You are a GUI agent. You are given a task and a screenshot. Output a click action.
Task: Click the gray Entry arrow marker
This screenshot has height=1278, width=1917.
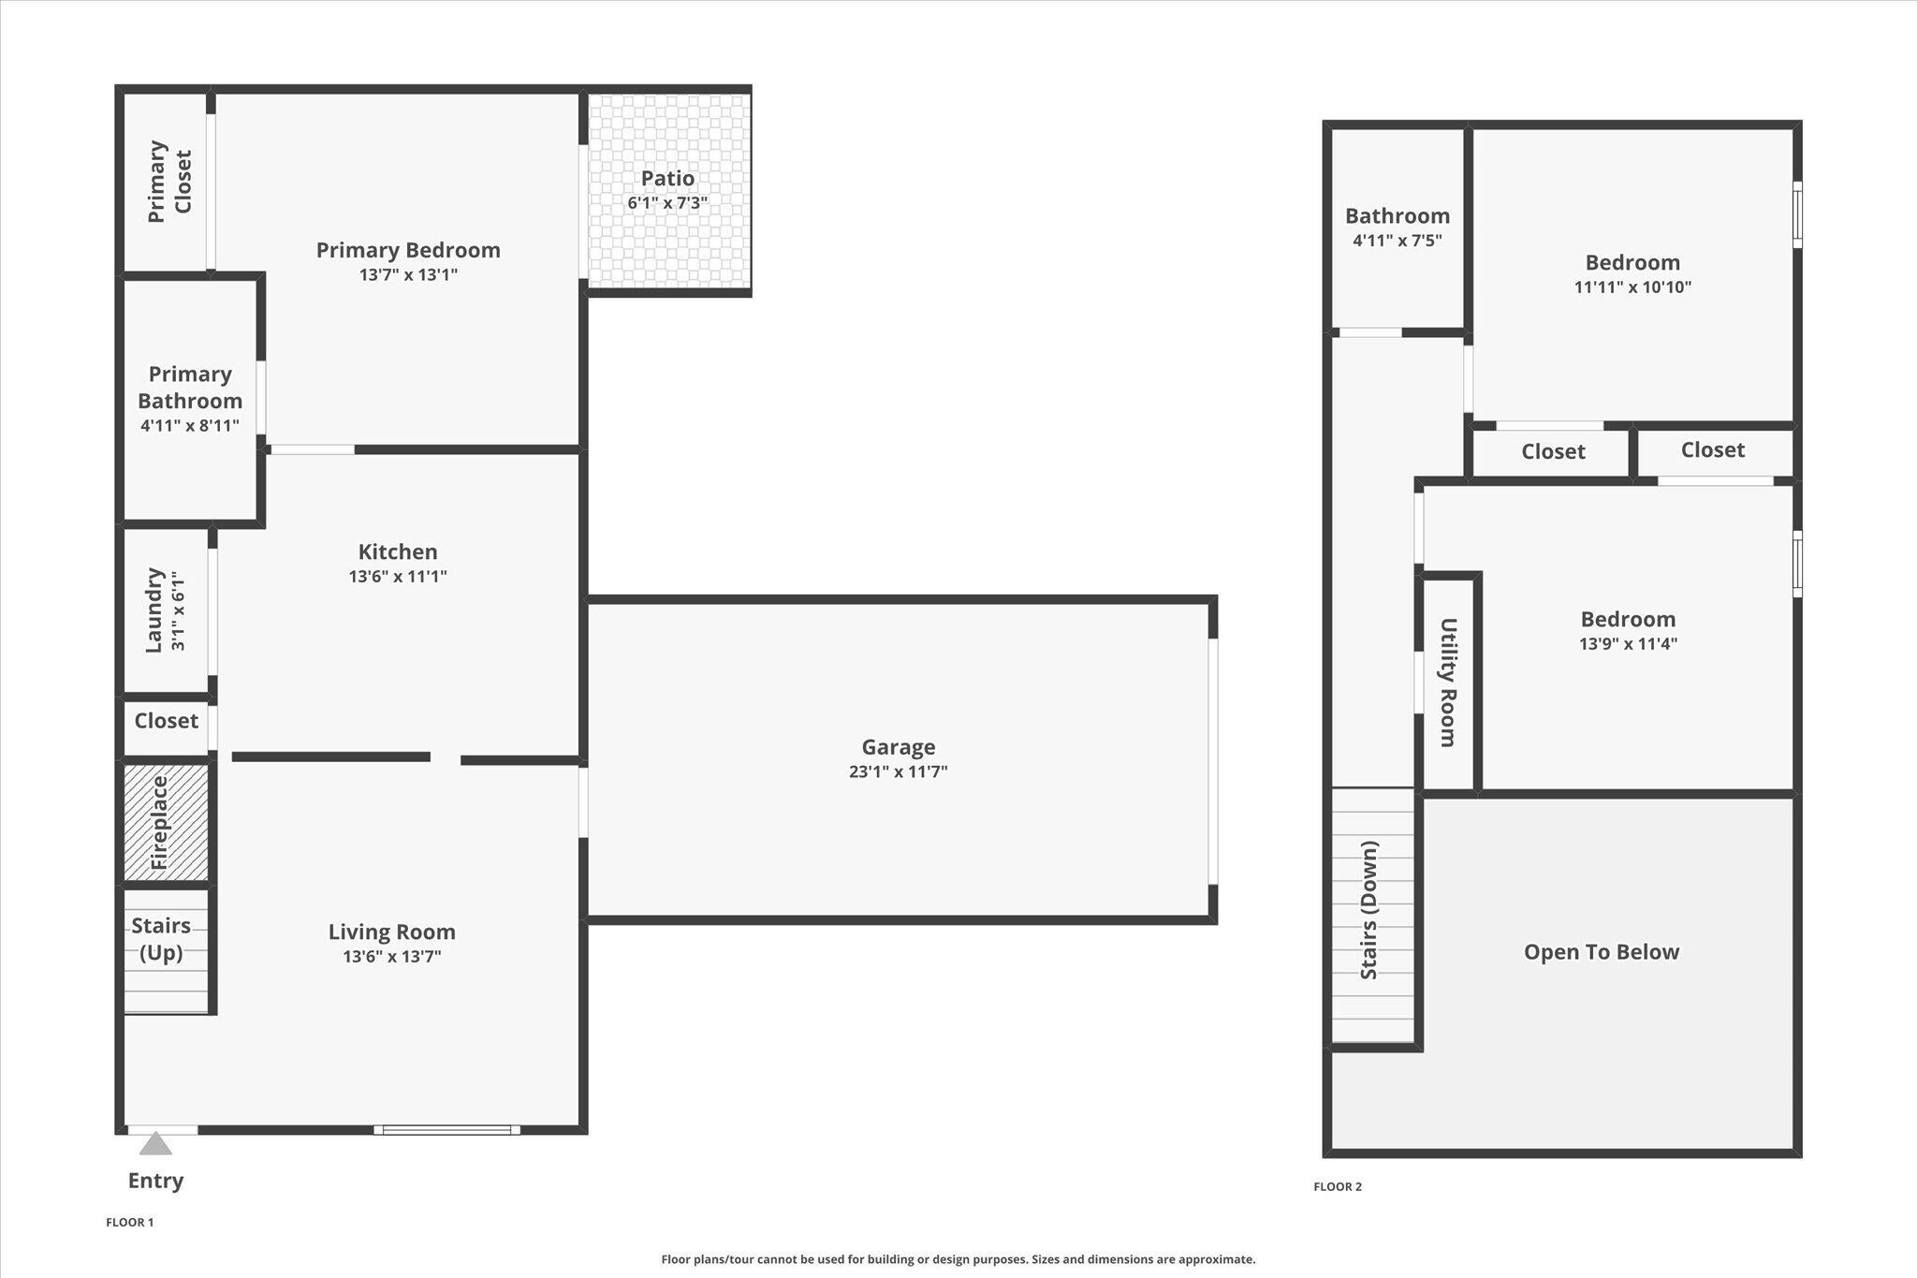click(x=155, y=1144)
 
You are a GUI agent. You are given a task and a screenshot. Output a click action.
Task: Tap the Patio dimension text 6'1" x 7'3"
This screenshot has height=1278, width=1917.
click(x=667, y=203)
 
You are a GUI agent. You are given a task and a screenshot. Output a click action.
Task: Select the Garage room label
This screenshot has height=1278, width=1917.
click(x=899, y=747)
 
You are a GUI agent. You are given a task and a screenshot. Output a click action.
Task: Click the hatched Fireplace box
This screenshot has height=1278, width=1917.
click(x=167, y=823)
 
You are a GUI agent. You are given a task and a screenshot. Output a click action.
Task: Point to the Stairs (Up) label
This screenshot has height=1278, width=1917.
click(x=161, y=939)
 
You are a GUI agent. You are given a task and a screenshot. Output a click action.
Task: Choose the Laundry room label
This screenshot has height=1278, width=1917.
click(x=154, y=610)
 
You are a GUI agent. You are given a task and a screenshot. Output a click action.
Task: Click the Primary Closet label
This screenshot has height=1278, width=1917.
click(x=169, y=182)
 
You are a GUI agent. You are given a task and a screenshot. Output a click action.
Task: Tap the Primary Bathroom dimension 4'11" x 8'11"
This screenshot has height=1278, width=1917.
click(x=190, y=426)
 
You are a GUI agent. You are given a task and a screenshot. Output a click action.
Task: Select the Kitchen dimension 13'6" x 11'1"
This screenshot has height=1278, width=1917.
click(x=398, y=577)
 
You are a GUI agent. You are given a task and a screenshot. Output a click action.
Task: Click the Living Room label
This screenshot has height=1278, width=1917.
click(x=391, y=932)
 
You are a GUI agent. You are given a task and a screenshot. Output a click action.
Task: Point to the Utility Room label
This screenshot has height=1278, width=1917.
click(x=1448, y=682)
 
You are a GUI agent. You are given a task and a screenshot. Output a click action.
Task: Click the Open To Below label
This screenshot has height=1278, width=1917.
click(x=1602, y=952)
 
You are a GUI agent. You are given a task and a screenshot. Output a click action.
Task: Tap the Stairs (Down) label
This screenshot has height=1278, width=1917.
click(x=1369, y=910)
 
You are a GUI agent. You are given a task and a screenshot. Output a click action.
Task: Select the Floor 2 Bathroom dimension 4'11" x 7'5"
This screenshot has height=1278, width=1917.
click(x=1397, y=241)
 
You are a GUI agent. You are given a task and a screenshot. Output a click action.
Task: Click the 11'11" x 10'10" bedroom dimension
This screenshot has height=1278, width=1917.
click(x=1632, y=287)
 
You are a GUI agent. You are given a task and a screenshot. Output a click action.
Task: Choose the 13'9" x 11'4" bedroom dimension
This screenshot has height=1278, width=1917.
click(x=1628, y=644)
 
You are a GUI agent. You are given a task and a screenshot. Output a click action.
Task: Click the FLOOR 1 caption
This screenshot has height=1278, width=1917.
click(x=129, y=1222)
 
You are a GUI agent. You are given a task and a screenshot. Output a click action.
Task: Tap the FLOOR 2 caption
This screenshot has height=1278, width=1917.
click(x=1338, y=1186)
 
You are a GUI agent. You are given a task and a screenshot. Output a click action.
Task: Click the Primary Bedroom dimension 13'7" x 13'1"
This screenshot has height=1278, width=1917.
click(x=408, y=275)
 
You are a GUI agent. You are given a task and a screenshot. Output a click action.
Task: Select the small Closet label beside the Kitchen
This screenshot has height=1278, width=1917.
click(x=166, y=721)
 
